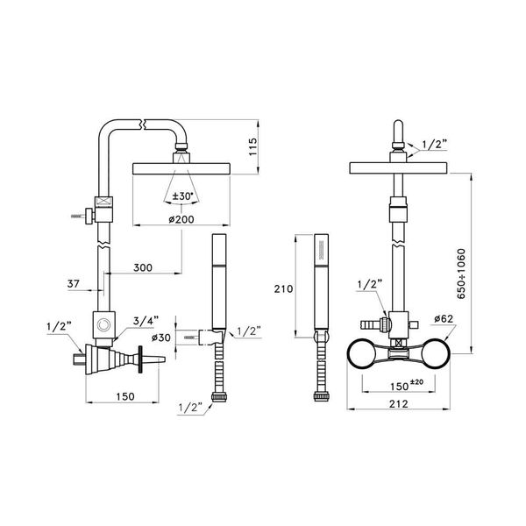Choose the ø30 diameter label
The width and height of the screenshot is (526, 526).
[160, 337]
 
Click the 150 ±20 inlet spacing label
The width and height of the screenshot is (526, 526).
[402, 385]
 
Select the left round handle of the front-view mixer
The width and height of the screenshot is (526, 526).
[362, 354]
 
